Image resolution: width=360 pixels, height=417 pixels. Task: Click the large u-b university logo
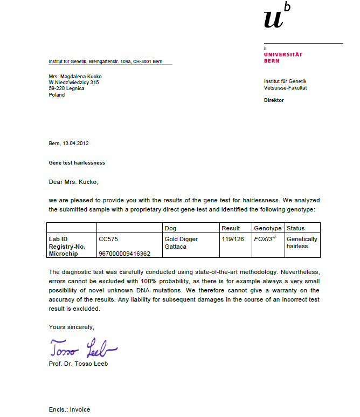coord(277,18)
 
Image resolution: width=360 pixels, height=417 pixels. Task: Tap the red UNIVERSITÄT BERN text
coord(283,57)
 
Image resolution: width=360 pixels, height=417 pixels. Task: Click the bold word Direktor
coord(274,100)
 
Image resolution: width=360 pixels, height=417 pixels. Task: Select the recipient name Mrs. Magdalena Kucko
coord(75,77)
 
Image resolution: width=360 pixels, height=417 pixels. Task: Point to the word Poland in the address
coord(57,94)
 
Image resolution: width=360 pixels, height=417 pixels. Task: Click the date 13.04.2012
coord(76,143)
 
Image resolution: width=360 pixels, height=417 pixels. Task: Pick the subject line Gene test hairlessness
coord(77,162)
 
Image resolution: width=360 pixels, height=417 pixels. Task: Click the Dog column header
coord(170,228)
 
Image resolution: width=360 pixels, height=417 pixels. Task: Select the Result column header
coord(231,228)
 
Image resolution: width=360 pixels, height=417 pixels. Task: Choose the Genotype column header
coord(267,228)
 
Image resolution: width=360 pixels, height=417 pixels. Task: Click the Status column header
coord(296,228)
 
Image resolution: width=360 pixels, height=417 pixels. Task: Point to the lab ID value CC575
coord(108,238)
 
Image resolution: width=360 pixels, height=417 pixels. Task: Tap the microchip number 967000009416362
coord(124,253)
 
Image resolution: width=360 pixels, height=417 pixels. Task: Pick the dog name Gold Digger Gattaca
coord(181,242)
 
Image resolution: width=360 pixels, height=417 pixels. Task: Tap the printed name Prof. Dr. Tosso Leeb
coord(78,364)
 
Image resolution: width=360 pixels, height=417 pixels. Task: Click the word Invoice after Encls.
coord(80,409)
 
